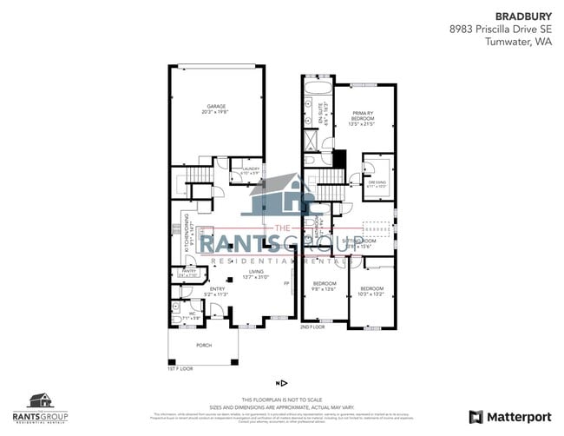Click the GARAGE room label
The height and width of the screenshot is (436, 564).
point(216,109)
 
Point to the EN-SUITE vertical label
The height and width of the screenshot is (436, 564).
point(324,114)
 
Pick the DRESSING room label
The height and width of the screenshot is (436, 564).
point(377,183)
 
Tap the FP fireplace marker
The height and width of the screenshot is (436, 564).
point(285,283)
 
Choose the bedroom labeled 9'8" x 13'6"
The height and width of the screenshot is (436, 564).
point(324,287)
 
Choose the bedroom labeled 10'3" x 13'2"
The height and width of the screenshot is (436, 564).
point(371,290)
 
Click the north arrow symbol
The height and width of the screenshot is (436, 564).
point(282,382)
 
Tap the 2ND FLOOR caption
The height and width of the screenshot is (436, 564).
point(312,327)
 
